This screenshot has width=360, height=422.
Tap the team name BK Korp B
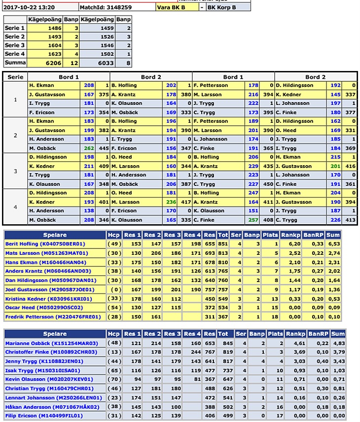tap(221, 8)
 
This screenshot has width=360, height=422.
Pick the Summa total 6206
tap(53, 63)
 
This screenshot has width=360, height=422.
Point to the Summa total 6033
tap(105, 63)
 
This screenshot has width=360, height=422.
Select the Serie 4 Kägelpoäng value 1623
tap(54, 54)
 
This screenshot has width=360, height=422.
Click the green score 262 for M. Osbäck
tap(89, 148)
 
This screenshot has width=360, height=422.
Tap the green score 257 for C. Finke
tap(253, 220)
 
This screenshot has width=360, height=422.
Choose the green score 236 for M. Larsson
tap(171, 202)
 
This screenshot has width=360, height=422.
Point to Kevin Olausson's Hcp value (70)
tap(114, 380)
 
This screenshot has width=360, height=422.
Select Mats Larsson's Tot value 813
tap(223, 253)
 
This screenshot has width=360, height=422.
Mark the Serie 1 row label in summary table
tap(15, 28)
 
